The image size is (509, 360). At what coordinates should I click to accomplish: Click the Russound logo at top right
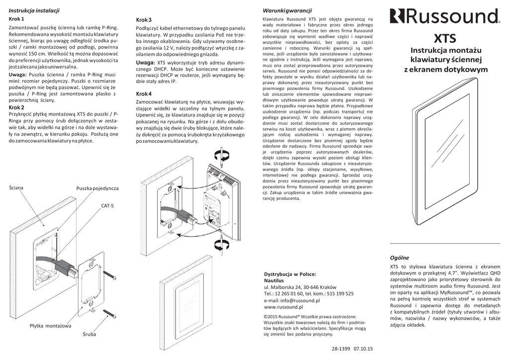[444, 16]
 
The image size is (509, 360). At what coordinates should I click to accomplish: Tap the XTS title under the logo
[445, 38]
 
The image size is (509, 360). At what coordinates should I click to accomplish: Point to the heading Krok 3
[144, 19]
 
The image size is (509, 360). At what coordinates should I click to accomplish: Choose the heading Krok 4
[144, 93]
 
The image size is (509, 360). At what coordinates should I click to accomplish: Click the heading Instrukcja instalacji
[34, 10]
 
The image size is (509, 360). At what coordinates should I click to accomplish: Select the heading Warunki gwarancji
[287, 10]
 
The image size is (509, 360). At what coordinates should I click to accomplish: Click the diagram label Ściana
[16, 187]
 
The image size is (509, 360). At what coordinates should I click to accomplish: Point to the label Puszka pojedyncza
[97, 188]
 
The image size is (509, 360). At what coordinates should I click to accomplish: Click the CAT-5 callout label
[108, 205]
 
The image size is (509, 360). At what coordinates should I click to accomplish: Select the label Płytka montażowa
[50, 326]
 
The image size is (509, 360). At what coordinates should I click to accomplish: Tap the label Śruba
[89, 334]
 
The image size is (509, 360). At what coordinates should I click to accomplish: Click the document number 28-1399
[342, 349]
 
